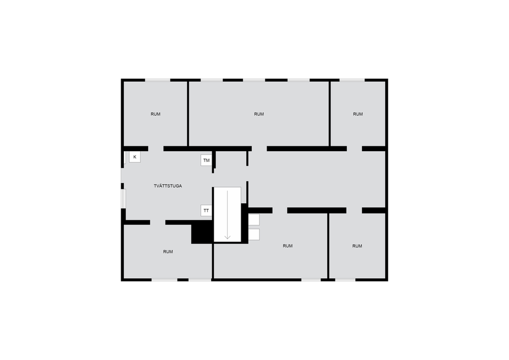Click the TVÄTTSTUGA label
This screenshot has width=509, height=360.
(x=168, y=186)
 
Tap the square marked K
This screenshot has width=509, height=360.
(x=134, y=157)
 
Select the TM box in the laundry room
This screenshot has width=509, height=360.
(x=207, y=160)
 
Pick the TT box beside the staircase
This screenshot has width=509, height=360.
(x=206, y=211)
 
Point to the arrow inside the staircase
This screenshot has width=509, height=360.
(x=227, y=214)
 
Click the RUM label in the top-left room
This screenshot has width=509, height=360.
(x=156, y=114)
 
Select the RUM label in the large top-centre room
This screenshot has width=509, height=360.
(x=259, y=114)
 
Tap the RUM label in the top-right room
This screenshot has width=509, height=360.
(x=358, y=114)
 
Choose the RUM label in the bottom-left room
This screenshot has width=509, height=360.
(x=168, y=252)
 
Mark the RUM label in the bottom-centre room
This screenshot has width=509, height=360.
(x=288, y=246)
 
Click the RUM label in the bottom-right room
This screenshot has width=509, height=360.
(x=357, y=246)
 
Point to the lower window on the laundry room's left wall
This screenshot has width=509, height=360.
(x=122, y=199)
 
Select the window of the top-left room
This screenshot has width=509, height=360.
(x=158, y=79)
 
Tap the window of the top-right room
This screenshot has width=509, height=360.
(x=352, y=79)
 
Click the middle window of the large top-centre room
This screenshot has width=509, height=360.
(x=254, y=79)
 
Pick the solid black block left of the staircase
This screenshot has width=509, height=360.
(x=201, y=233)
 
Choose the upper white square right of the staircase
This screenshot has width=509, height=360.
(x=254, y=220)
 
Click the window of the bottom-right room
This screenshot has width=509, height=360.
(x=345, y=280)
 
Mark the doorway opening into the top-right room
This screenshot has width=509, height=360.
(x=354, y=149)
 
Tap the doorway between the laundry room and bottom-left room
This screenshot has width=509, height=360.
(x=157, y=222)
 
